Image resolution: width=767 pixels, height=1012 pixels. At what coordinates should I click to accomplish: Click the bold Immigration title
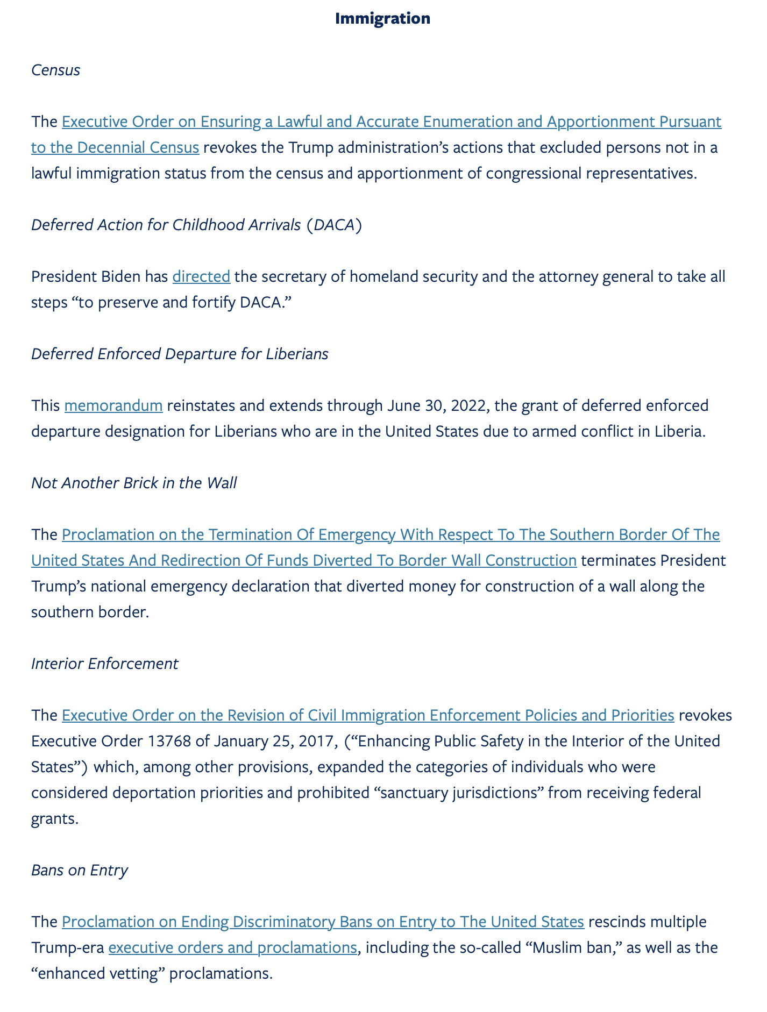[382, 18]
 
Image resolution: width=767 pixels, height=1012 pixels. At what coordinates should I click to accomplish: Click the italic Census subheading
[55, 70]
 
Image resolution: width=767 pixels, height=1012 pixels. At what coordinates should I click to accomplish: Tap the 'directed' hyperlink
[201, 276]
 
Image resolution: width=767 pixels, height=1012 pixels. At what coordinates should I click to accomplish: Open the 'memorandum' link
[113, 405]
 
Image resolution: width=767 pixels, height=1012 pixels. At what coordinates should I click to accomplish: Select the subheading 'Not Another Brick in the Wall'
[134, 483]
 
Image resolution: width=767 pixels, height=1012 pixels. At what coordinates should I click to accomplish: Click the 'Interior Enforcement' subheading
[104, 664]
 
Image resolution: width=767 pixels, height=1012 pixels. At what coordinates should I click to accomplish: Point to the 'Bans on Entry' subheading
[80, 870]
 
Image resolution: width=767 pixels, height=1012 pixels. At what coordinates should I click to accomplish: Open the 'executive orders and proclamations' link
[232, 947]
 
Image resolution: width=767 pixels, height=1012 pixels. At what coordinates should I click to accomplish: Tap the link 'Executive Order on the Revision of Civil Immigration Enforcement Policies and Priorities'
[368, 715]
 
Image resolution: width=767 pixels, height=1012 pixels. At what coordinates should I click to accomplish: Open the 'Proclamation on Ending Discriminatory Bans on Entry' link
[323, 922]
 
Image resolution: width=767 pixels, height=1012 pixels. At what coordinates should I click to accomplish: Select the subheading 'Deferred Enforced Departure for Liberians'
[180, 354]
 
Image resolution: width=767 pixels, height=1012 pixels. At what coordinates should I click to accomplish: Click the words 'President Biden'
[81, 276]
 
